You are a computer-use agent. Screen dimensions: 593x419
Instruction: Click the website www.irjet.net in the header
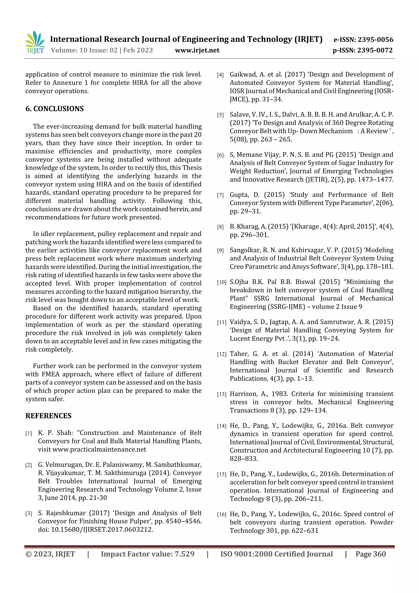pos(197,50)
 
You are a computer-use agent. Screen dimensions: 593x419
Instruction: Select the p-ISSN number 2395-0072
pos(375,50)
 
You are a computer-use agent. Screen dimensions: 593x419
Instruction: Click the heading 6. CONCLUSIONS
pos(54,109)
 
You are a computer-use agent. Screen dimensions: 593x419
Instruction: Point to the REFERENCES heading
pos(48,416)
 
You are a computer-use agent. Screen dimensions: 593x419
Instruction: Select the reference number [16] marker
pos(222,515)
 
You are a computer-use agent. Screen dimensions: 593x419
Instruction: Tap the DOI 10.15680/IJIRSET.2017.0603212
pos(102,530)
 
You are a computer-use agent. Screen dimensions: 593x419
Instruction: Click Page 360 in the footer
pos(371,554)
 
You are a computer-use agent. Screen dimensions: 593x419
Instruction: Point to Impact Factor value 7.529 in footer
pos(148,554)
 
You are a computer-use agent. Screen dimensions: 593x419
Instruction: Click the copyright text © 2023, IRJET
pos(50,554)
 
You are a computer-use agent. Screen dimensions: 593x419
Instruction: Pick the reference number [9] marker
pos(220,251)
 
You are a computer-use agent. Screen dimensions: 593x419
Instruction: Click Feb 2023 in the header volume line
pos(138,50)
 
